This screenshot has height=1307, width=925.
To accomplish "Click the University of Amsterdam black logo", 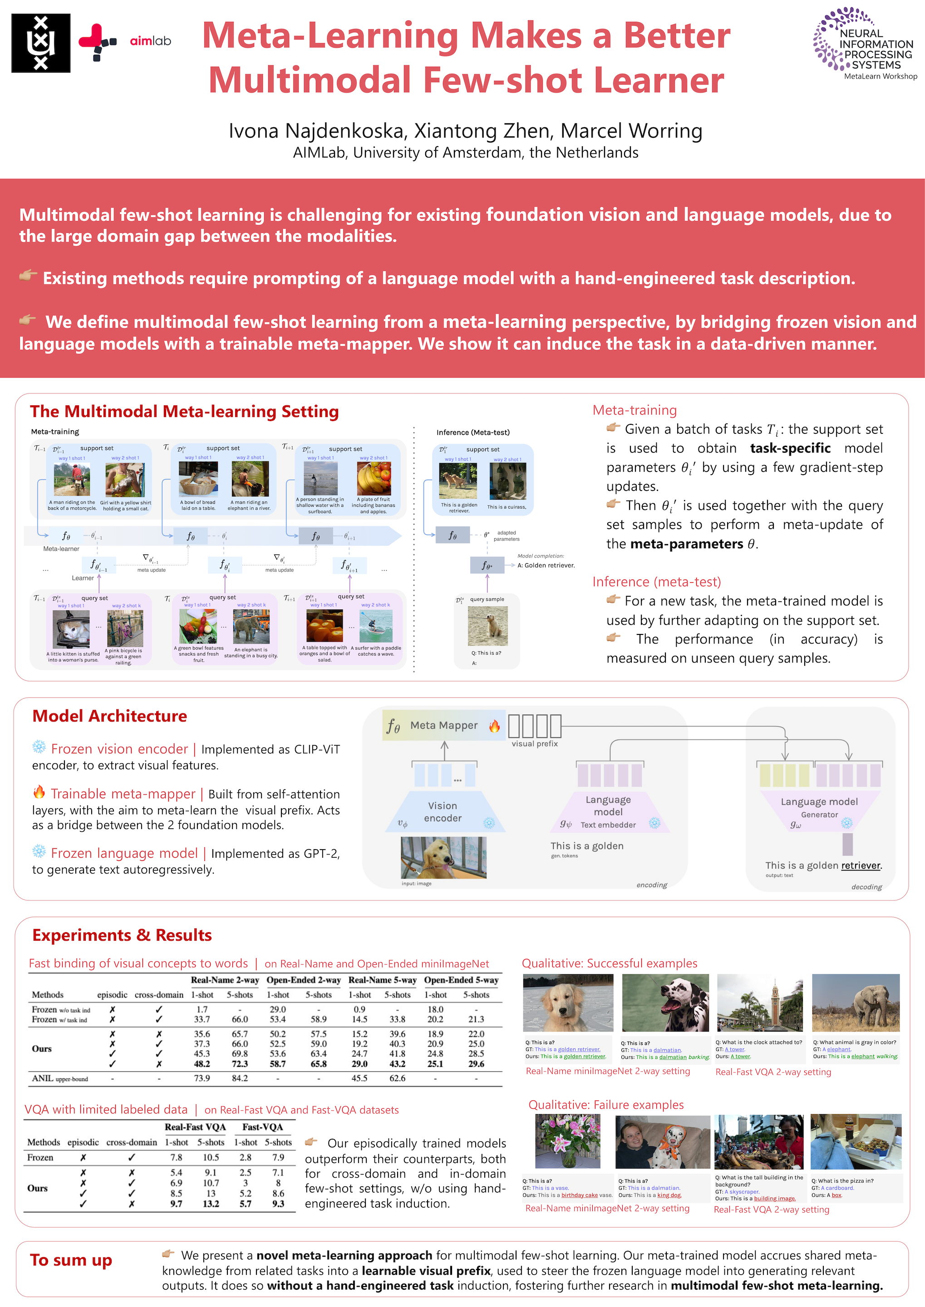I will pos(41,43).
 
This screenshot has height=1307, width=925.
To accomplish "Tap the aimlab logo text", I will pos(150,41).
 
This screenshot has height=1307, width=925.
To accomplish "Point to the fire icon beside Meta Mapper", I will pos(494,726).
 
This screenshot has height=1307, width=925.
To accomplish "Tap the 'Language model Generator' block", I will pos(819,809).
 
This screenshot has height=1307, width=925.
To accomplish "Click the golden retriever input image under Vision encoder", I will pos(444,858).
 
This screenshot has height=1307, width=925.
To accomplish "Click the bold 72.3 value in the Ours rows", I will pos(240,1063).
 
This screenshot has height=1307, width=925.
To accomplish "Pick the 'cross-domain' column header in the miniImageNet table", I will pos(159,995).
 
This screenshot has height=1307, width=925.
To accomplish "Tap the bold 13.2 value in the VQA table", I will pos(211,1204).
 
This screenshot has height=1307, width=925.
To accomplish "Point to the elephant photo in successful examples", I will pos(856,1002).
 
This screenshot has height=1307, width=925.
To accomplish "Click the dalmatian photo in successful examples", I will pos(665,1002).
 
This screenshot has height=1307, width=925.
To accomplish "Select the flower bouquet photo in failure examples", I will pos(567,1141).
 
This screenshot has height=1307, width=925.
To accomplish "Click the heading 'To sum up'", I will pos(71,1260).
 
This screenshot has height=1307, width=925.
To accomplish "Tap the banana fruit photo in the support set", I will pos(374,478).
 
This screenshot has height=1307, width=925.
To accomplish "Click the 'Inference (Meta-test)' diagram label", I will pos(473,432).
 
